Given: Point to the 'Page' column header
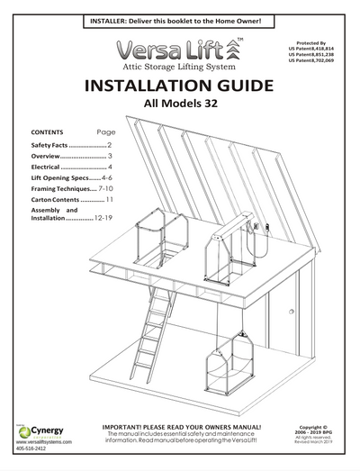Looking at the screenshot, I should pyautogui.click(x=105, y=131).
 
